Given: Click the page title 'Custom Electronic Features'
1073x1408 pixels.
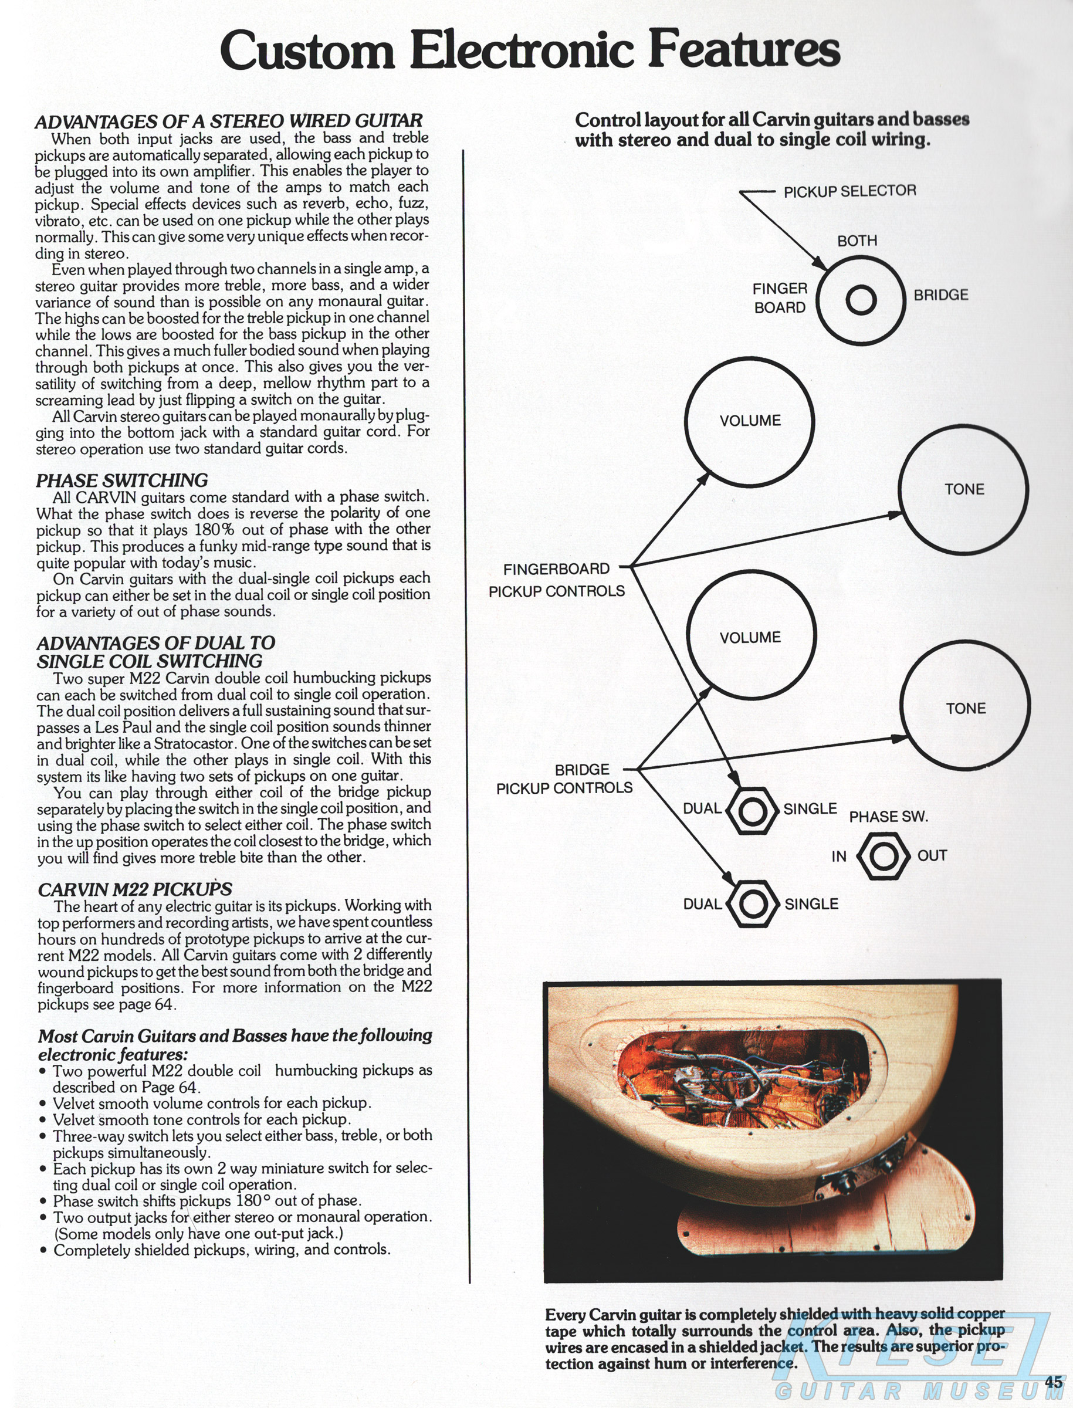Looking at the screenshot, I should click(530, 50).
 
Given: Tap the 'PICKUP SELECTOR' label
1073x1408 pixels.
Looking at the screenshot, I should click(849, 191).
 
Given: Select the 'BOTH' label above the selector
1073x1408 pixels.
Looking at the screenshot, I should click(857, 241).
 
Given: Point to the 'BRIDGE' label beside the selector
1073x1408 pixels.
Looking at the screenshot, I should click(941, 295).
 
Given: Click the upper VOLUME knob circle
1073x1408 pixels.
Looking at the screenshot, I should click(749, 421).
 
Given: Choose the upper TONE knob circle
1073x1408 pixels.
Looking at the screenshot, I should click(963, 489).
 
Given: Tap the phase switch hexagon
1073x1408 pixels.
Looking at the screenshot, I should click(884, 857).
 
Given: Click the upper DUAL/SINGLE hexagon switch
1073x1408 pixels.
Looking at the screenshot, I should click(752, 811).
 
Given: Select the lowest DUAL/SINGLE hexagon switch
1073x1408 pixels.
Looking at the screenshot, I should click(753, 903).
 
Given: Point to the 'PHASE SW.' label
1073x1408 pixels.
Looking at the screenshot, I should click(888, 817).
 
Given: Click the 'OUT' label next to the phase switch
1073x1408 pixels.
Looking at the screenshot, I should click(932, 856).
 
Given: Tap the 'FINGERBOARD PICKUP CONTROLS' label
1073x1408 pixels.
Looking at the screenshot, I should click(556, 580).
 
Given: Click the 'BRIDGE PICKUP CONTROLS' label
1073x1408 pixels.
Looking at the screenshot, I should click(564, 779).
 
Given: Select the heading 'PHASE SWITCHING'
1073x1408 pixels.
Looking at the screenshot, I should click(122, 480).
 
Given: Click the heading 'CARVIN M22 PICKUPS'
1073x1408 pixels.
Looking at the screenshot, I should click(135, 889).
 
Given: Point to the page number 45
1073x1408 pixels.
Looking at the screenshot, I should click(1053, 1380).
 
